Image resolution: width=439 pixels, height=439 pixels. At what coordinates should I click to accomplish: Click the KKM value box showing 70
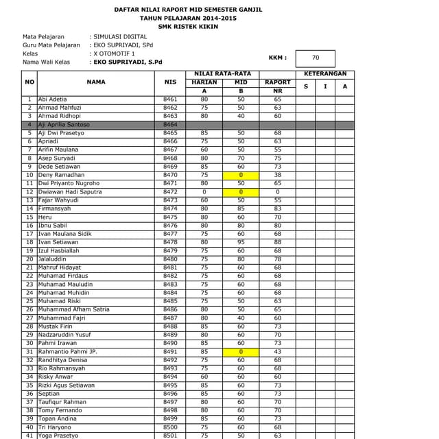(x=316, y=58)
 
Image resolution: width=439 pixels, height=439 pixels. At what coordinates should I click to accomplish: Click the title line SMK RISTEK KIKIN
(x=188, y=27)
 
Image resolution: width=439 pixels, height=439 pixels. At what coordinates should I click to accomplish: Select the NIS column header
(x=170, y=82)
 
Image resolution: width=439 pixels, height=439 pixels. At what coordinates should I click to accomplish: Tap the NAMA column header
(x=96, y=82)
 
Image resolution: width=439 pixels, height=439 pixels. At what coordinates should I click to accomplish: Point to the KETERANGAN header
(x=325, y=73)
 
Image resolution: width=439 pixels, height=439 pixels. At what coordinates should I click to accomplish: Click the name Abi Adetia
(x=53, y=99)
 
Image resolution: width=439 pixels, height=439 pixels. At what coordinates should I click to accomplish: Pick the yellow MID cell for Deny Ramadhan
(x=241, y=175)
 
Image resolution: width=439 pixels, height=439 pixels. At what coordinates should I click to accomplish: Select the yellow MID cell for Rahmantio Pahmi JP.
(x=241, y=351)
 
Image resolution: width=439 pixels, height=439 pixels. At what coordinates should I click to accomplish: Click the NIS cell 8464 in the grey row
(x=170, y=125)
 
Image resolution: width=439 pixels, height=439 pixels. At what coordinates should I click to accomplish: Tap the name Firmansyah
(x=56, y=209)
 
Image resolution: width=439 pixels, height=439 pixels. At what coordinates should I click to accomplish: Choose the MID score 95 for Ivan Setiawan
(x=241, y=242)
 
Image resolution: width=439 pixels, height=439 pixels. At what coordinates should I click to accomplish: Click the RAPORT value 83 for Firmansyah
(x=277, y=209)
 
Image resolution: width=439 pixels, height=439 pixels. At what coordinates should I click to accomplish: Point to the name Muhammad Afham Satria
(x=73, y=309)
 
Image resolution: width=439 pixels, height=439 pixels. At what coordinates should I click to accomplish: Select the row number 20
(x=29, y=259)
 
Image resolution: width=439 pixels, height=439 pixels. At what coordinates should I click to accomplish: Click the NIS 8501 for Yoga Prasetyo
(x=170, y=435)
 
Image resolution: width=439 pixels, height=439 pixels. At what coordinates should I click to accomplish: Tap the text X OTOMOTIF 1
(x=115, y=53)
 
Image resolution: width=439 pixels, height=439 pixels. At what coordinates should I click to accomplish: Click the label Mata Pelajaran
(x=44, y=36)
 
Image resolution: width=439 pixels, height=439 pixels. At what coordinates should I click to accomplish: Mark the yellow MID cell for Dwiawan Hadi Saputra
(x=241, y=192)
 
